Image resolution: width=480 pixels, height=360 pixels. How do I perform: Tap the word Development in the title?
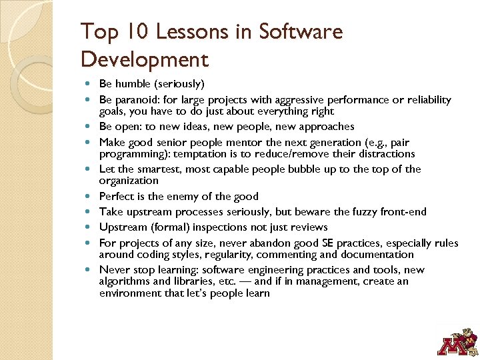point(144,59)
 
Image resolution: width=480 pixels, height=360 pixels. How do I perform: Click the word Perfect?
point(117,196)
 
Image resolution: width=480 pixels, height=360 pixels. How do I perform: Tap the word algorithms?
point(125,281)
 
